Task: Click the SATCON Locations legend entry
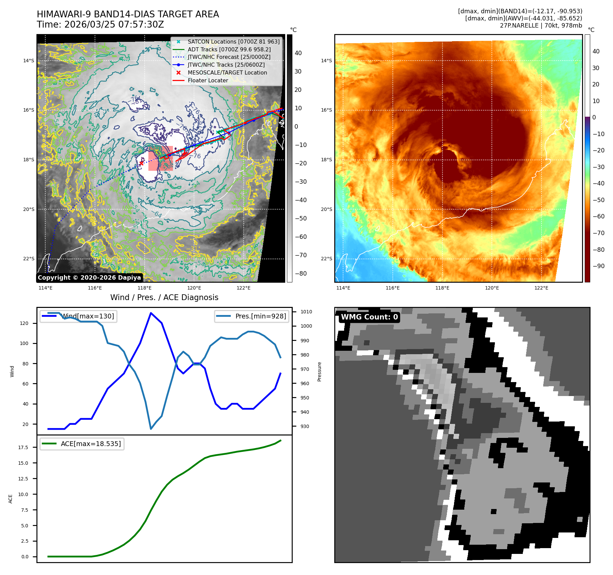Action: pyautogui.click(x=233, y=42)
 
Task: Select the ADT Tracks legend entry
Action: pyautogui.click(x=229, y=49)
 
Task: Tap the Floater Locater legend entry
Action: pyautogui.click(x=208, y=80)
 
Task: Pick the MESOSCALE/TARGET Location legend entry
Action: pyautogui.click(x=227, y=72)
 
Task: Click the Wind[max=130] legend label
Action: pyautogui.click(x=87, y=316)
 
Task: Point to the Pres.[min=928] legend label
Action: pyautogui.click(x=260, y=316)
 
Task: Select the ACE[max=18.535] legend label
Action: pyautogui.click(x=91, y=444)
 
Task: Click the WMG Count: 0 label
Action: pyautogui.click(x=369, y=317)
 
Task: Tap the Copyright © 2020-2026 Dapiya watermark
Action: pyautogui.click(x=89, y=278)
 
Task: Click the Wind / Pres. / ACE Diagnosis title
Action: pyautogui.click(x=164, y=297)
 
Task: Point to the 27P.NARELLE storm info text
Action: pyautogui.click(x=541, y=26)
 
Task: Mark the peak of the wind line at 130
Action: pyautogui.click(x=151, y=313)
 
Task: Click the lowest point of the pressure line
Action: pyautogui.click(x=151, y=429)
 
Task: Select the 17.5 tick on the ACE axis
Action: pyautogui.click(x=23, y=447)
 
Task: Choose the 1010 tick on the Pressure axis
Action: pyautogui.click(x=306, y=312)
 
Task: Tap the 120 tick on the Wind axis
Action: pyautogui.click(x=24, y=323)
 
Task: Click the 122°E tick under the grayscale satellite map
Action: pyautogui.click(x=243, y=288)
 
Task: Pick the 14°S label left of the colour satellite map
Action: pyautogui.click(x=326, y=61)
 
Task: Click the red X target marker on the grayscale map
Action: pyautogui.click(x=141, y=163)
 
